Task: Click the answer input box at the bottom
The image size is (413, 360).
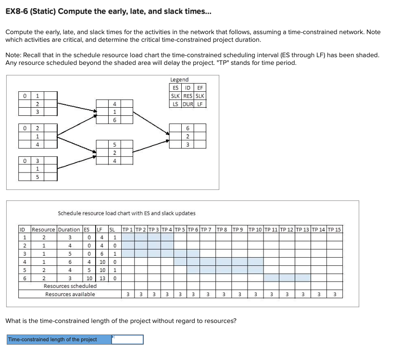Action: pyautogui.click(x=127, y=339)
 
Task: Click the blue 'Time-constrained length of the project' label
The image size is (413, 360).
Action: pyautogui.click(x=59, y=339)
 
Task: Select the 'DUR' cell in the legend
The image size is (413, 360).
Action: pyautogui.click(x=188, y=103)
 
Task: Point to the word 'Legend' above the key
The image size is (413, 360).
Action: pyautogui.click(x=179, y=79)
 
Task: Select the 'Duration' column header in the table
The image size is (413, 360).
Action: pyautogui.click(x=69, y=229)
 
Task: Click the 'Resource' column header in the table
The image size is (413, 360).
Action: pyautogui.click(x=43, y=229)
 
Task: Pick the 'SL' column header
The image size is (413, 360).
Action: pyautogui.click(x=114, y=229)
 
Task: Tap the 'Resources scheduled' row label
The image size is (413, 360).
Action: pyautogui.click(x=70, y=286)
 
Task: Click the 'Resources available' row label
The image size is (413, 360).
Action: pyautogui.click(x=70, y=294)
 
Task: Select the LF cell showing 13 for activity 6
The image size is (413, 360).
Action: pyautogui.click(x=102, y=278)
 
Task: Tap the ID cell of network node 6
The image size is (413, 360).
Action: pyautogui.click(x=188, y=127)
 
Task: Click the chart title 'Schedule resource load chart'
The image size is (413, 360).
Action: pyautogui.click(x=126, y=213)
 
